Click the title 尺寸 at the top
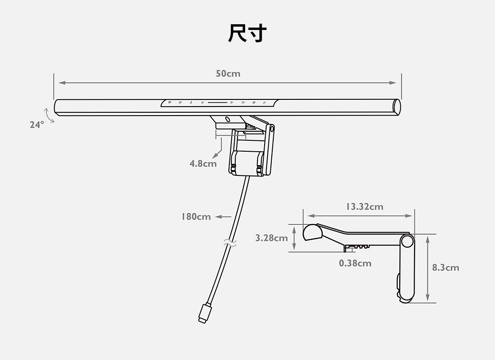point(247,33)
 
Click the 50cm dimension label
point(228,74)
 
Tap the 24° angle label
point(36,125)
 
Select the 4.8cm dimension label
point(203,164)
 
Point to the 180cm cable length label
point(196,217)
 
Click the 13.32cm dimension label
point(364,206)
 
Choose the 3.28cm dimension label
point(271,238)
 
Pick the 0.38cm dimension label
point(355,263)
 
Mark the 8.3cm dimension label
point(445,268)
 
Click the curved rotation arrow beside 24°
point(49,115)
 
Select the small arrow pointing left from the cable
point(223,217)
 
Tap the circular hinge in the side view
point(406,241)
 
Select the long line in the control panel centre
point(217,102)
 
